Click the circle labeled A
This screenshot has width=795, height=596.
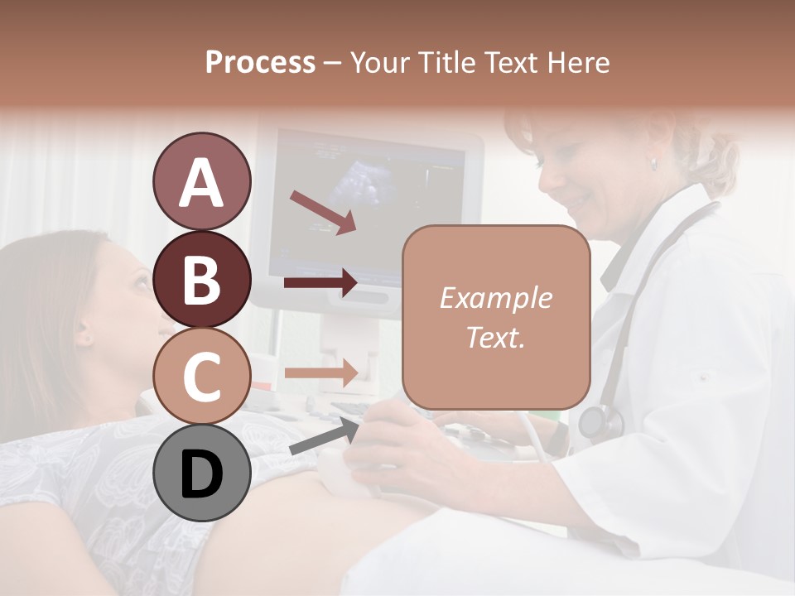click(x=201, y=181)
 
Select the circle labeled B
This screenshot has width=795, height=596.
click(x=201, y=279)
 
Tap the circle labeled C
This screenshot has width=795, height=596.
click(x=201, y=377)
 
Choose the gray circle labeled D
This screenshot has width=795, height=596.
click(x=201, y=473)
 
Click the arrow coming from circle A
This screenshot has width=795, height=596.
click(x=322, y=212)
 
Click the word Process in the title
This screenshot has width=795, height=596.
click(x=260, y=62)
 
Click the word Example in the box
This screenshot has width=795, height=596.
click(x=496, y=298)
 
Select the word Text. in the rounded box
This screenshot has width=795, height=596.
click(x=496, y=337)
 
